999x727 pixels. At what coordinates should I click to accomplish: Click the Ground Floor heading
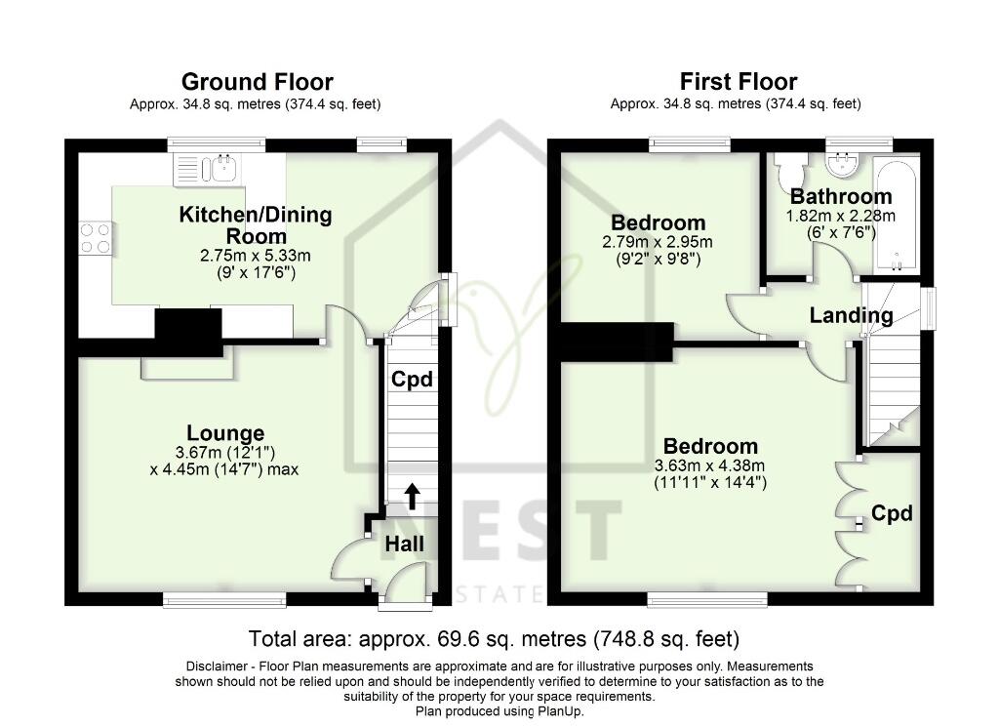coord(257,82)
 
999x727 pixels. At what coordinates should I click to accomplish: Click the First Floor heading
coord(738,82)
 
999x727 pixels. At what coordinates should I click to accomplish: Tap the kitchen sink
coord(220,169)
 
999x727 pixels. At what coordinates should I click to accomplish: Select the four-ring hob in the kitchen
coord(96,238)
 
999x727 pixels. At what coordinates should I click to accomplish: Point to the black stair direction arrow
coord(413,497)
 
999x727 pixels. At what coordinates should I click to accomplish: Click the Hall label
coord(405,545)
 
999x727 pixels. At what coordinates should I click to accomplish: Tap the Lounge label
coord(225,433)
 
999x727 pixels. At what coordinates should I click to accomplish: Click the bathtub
coord(897,214)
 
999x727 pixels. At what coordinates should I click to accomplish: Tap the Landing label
coord(851,315)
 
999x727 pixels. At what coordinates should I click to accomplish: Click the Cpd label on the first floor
coord(892,513)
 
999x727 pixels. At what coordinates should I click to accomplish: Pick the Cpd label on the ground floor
coord(412,380)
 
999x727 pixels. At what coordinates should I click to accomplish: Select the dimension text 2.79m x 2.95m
coord(657,242)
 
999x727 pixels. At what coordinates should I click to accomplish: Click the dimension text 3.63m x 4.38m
coord(710,465)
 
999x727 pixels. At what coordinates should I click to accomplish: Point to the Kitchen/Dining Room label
coord(256,224)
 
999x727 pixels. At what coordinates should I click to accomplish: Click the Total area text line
coord(494,638)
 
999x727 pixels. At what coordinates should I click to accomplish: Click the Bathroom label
coord(841,196)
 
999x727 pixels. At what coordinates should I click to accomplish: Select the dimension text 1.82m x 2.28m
coord(840,216)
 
